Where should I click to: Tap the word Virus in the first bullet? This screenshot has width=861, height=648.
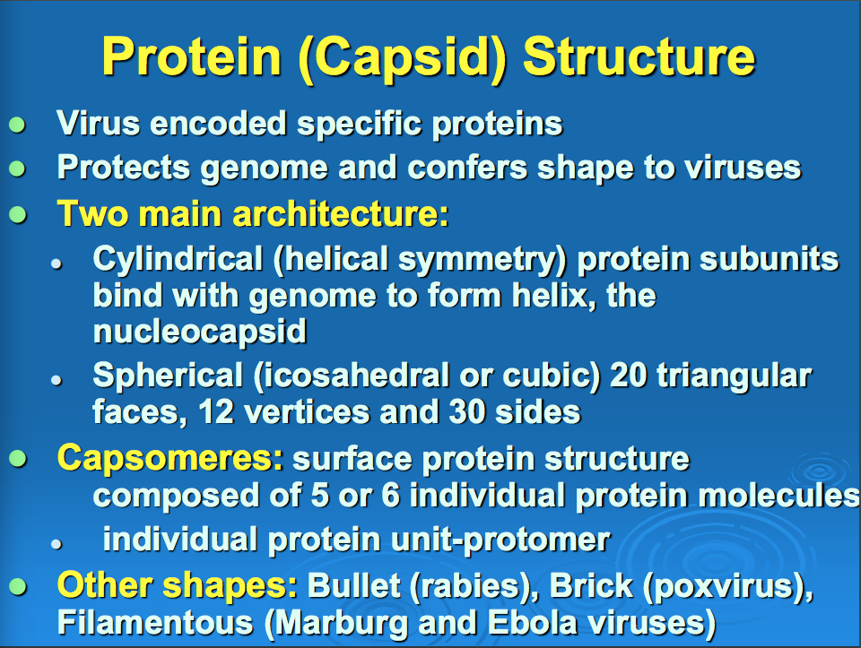pos(99,123)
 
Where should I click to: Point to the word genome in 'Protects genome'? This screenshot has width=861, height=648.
pos(264,169)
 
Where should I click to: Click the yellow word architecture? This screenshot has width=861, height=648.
pos(341,213)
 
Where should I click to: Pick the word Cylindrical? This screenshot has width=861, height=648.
pos(178,260)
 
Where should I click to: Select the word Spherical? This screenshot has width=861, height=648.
pos(168,377)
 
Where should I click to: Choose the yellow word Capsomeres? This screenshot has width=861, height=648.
pos(170,459)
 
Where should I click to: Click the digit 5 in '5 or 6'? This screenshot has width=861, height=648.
pos(320,495)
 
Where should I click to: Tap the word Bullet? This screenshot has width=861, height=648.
pos(353,585)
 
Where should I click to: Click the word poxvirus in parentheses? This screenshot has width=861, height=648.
pos(721,586)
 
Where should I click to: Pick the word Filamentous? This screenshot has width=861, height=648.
pos(155,623)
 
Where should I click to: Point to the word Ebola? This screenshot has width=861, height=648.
pos(532,623)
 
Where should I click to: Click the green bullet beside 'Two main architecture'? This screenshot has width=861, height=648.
pos(18,214)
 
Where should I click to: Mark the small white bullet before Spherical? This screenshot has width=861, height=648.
pos(56,380)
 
